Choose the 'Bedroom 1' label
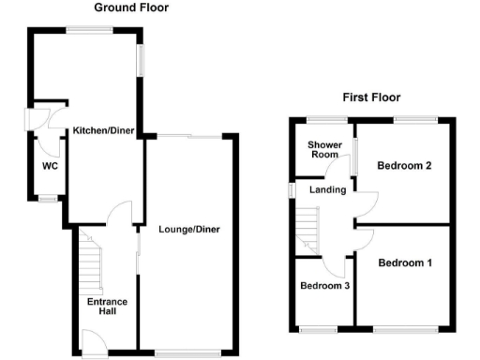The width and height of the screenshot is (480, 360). point(405,263)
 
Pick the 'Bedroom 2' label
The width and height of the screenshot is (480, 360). point(404,166)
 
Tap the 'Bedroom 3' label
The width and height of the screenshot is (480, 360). point(324,287)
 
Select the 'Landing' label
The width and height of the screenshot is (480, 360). point(328,190)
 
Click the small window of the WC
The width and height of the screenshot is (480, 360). point(46,200)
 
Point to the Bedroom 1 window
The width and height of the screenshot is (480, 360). point(404,328)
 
